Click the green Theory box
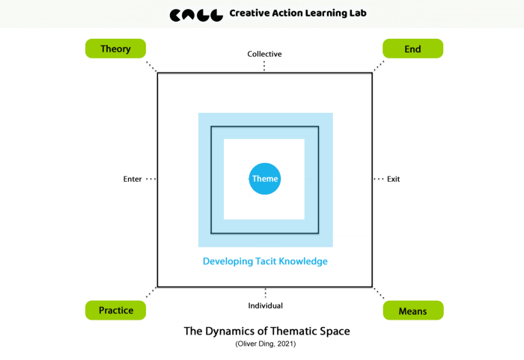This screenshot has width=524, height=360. tap(115, 49)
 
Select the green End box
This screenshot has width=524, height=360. tap(412, 49)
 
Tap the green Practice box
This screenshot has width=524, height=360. tap(115, 310)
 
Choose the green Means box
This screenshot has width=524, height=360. tap(412, 310)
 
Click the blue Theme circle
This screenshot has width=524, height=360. tap(265, 179)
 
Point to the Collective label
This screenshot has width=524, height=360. tap(265, 54)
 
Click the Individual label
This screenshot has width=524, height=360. tap(265, 305)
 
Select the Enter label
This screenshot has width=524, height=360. tap(132, 180)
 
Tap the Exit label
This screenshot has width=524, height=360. tap(394, 180)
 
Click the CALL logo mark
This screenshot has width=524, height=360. tap(196, 14)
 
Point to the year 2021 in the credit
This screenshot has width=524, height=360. tap(284, 344)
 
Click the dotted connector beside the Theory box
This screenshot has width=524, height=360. tap(151, 67)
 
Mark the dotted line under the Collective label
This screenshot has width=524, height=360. tap(265, 66)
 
